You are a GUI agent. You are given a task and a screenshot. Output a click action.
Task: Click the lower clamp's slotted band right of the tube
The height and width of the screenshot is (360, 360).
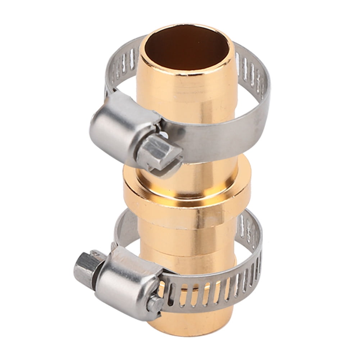click(252, 252)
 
